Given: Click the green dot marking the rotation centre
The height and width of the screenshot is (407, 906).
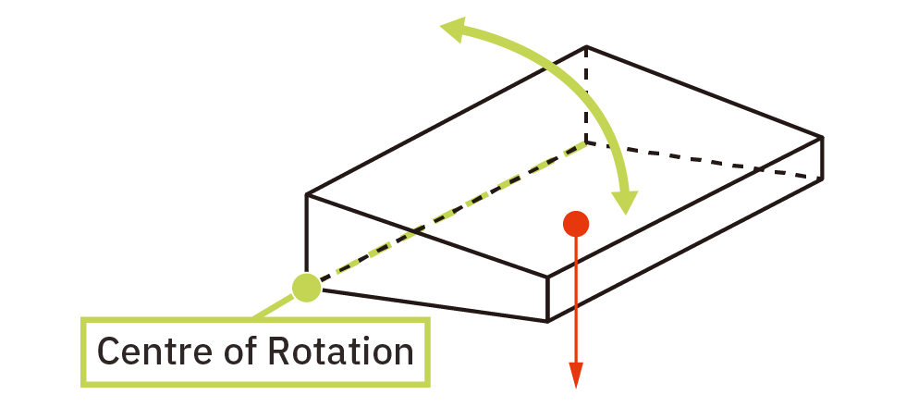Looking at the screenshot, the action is tap(306, 288).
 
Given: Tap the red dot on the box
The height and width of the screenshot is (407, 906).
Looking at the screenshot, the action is tap(575, 224).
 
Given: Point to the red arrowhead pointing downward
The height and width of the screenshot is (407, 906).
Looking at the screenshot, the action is tap(575, 376).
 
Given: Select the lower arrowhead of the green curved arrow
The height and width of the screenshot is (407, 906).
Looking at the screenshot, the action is tap(625, 203).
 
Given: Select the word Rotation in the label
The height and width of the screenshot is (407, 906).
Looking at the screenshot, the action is tap(341, 351).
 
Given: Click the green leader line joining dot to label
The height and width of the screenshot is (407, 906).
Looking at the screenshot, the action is tap(274, 306).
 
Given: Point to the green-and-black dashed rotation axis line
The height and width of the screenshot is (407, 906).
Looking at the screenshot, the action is tap(453, 211).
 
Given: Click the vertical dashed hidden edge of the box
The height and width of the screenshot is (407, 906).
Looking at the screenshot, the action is tap(586, 93).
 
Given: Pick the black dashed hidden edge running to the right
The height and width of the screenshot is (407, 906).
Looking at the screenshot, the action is tap(704, 159).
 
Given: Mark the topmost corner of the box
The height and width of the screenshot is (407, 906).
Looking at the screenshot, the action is tap(586, 46).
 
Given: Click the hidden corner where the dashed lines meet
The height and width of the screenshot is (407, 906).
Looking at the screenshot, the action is tap(586, 142).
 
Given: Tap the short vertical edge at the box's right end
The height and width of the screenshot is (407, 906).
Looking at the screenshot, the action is tap(821, 158).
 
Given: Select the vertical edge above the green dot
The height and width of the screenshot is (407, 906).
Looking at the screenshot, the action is tap(306, 233).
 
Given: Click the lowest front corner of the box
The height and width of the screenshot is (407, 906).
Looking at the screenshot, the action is tap(547, 321).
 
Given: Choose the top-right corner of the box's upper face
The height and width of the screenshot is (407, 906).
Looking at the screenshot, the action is tap(821, 138).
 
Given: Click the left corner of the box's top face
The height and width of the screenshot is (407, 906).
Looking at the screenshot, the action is tap(306, 194).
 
